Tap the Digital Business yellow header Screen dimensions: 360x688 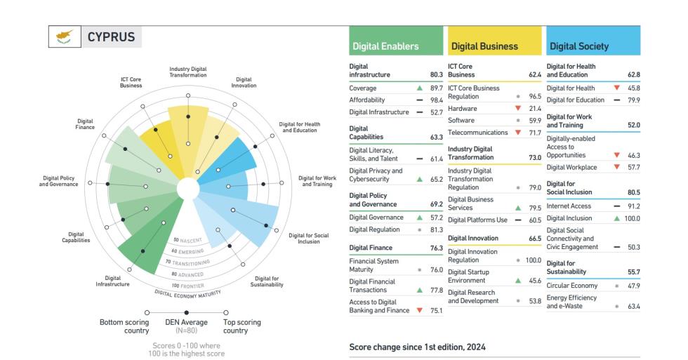[484, 46]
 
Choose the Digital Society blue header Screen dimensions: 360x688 [579, 46]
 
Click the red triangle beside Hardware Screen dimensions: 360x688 [517, 107]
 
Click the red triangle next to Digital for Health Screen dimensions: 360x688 [616, 88]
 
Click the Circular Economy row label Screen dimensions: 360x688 [571, 286]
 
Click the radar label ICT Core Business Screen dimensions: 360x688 [131, 83]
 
